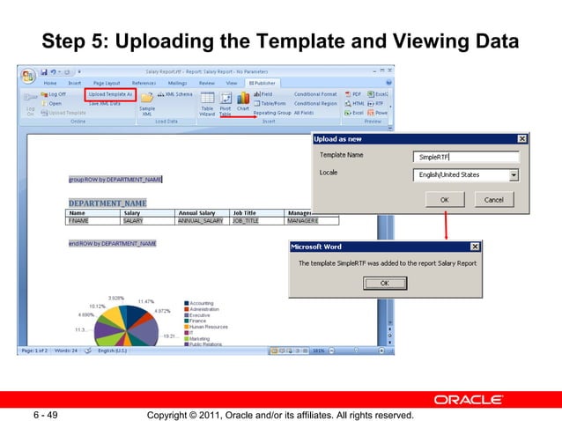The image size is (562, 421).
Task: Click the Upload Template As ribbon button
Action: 108,93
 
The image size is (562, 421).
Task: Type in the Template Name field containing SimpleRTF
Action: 464,157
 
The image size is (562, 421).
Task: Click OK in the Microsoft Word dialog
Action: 384,283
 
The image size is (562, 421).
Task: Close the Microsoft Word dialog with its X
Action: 476,247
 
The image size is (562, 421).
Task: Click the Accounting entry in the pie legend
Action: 204,303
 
